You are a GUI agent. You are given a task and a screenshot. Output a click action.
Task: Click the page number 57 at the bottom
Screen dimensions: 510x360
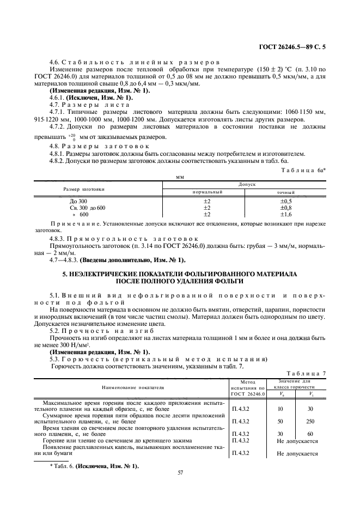pos(180,472)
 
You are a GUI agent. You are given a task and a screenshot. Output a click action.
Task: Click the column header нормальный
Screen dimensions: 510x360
pos(208,192)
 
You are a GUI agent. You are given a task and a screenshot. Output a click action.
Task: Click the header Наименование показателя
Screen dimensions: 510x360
pos(131,387)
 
